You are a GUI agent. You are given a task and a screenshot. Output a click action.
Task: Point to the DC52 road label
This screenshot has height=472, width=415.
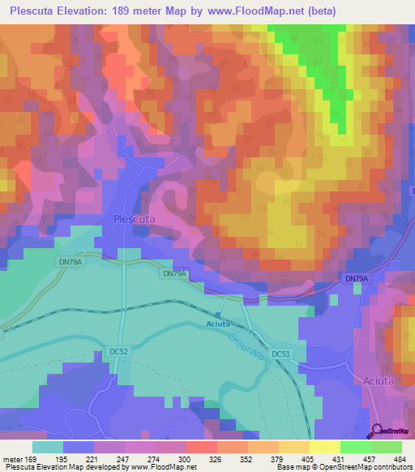[118, 351]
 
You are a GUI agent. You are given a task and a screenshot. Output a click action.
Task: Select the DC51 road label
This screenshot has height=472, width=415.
[280, 354]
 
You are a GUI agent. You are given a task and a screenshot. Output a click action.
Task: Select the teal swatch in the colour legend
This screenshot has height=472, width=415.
[48, 447]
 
